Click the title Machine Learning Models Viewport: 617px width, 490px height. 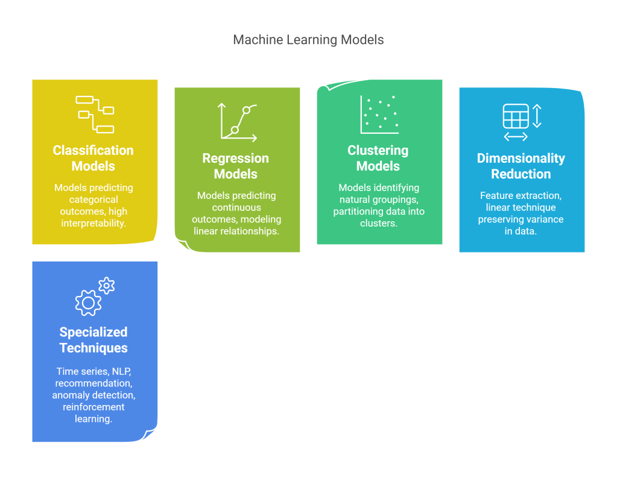(x=308, y=40)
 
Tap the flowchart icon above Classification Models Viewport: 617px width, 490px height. (x=95, y=114)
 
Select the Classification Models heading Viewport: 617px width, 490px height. (x=93, y=158)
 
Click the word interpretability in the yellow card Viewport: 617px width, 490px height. (x=93, y=224)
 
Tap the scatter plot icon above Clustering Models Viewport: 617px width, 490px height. (x=379, y=114)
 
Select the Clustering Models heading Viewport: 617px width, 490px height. (x=378, y=158)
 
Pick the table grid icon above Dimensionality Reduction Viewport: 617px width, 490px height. (x=516, y=116)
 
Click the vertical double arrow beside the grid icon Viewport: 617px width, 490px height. (x=537, y=116)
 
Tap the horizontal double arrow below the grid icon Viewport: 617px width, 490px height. (x=516, y=137)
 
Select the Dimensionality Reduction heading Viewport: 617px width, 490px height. (x=521, y=166)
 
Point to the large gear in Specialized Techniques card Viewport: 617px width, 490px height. (x=88, y=303)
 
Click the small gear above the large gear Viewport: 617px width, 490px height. (x=107, y=286)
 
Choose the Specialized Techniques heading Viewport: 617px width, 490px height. (x=93, y=340)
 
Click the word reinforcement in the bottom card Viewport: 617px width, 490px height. (x=93, y=407)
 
